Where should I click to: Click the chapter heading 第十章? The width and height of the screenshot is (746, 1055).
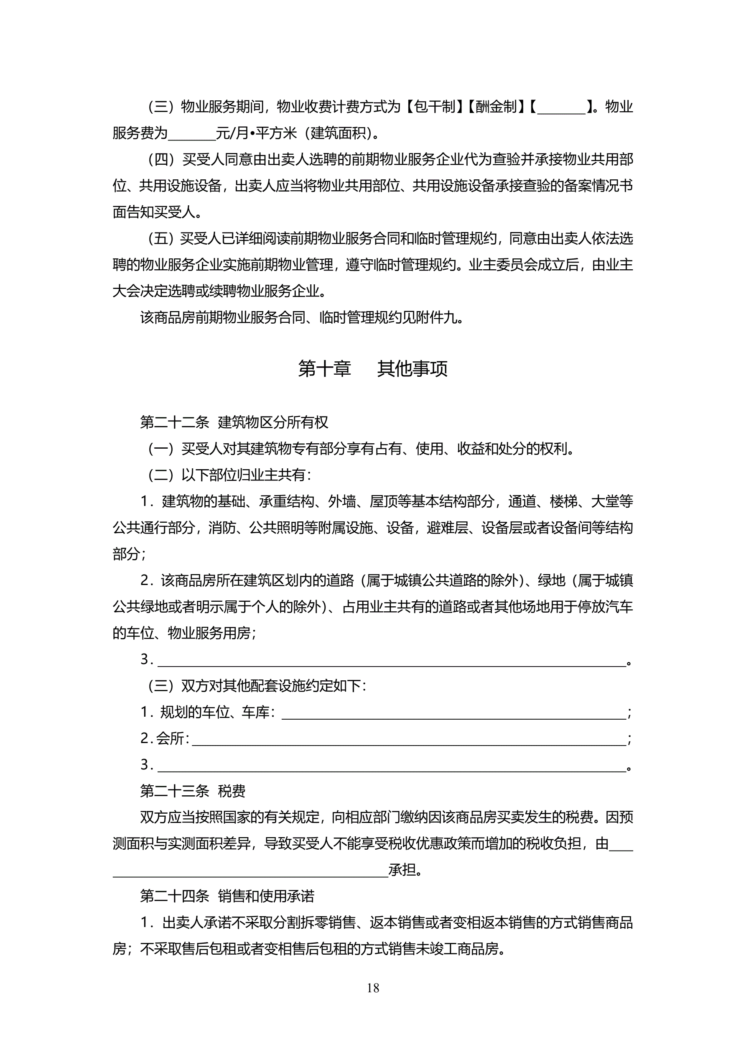(x=324, y=369)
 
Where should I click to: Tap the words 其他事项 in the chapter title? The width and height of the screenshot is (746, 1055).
(x=412, y=369)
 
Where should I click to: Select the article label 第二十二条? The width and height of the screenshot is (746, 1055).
(x=175, y=422)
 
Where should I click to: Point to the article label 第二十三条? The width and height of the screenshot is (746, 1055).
(x=175, y=791)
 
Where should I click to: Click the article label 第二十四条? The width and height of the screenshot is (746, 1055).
(x=175, y=896)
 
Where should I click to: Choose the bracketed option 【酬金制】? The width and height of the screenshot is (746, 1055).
(x=496, y=107)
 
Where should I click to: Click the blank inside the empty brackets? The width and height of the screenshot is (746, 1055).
(x=561, y=108)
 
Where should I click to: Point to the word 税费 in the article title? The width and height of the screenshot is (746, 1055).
(x=232, y=791)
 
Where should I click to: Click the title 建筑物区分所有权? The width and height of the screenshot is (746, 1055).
(x=273, y=422)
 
